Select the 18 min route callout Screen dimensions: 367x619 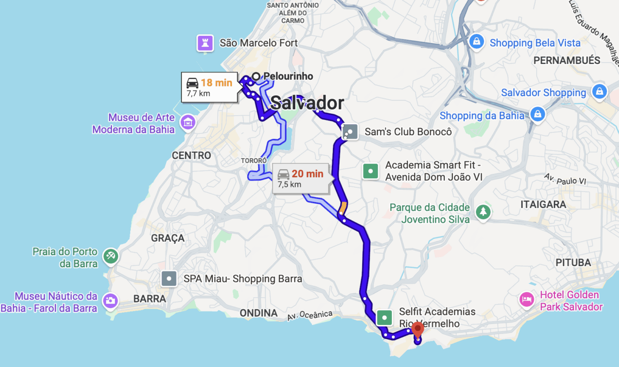209,87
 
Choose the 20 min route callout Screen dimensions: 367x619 300,178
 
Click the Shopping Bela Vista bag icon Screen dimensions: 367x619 476,42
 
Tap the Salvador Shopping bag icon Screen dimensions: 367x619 599,91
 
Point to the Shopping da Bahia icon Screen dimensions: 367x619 538,115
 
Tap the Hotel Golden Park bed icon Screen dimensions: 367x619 527,300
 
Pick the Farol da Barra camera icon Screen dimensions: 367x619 110,301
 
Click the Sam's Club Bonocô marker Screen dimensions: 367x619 350,131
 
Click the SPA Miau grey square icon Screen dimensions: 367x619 169,278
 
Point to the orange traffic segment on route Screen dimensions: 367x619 343,208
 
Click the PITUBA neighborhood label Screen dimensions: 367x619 573,262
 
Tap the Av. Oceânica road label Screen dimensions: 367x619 310,315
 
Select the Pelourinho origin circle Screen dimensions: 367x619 256,76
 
